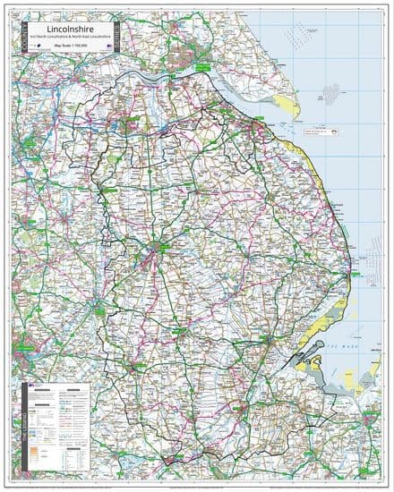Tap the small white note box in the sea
[x=320, y=131]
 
